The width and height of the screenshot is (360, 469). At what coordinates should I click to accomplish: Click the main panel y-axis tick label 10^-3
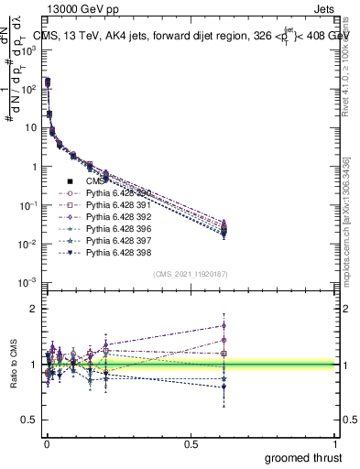click(x=29, y=284)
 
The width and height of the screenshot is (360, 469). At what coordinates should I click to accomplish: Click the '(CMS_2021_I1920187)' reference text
click(x=190, y=274)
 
